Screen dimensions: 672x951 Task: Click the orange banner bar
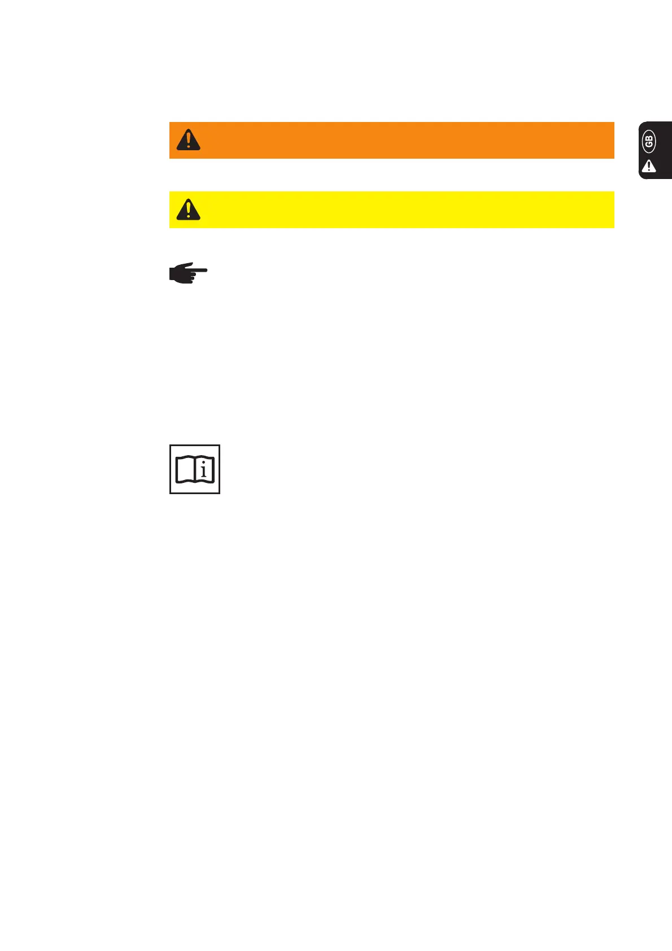point(395,140)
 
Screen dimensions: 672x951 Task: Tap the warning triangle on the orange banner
point(188,139)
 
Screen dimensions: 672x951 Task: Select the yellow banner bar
point(395,210)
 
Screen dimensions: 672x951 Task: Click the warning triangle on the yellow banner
point(188,209)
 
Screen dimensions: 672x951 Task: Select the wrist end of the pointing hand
point(172,273)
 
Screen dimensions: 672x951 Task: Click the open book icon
point(195,469)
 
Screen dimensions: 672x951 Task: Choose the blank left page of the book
point(185,470)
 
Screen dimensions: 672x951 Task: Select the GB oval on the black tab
point(649,142)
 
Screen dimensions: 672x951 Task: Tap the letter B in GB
point(649,139)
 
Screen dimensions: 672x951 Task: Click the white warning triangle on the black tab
point(649,166)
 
